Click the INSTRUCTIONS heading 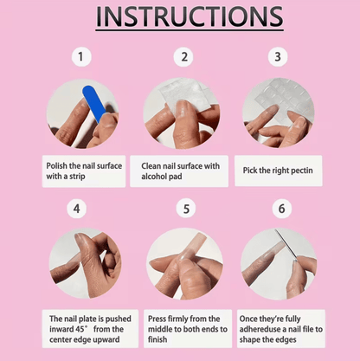point(190,16)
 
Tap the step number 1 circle point(81,56)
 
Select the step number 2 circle point(183,56)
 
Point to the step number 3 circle point(278,56)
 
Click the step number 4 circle point(76,209)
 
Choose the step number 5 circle point(186,209)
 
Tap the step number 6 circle point(282,209)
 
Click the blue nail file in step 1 point(94,104)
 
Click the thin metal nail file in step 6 point(286,244)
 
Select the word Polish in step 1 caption point(57,166)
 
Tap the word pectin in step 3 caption point(302,171)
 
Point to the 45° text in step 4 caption point(80,329)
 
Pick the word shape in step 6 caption point(250,340)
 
